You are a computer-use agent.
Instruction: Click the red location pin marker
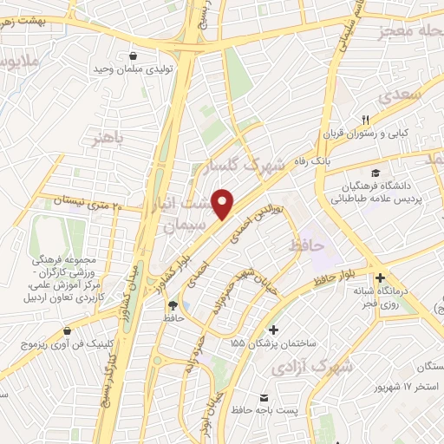225,203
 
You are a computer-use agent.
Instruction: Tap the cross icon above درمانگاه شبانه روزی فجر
381,277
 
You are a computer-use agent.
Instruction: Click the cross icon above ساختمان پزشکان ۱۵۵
274,330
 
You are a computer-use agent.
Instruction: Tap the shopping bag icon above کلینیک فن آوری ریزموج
68,330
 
